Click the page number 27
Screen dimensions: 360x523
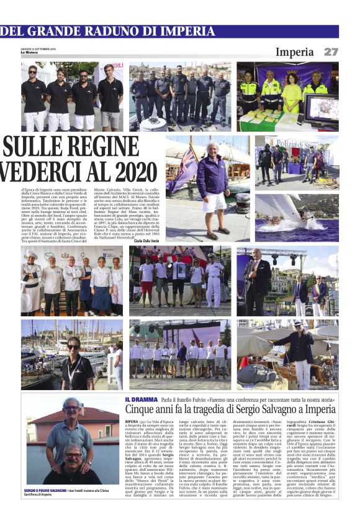point(331,52)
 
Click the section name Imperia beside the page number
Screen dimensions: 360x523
point(295,52)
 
